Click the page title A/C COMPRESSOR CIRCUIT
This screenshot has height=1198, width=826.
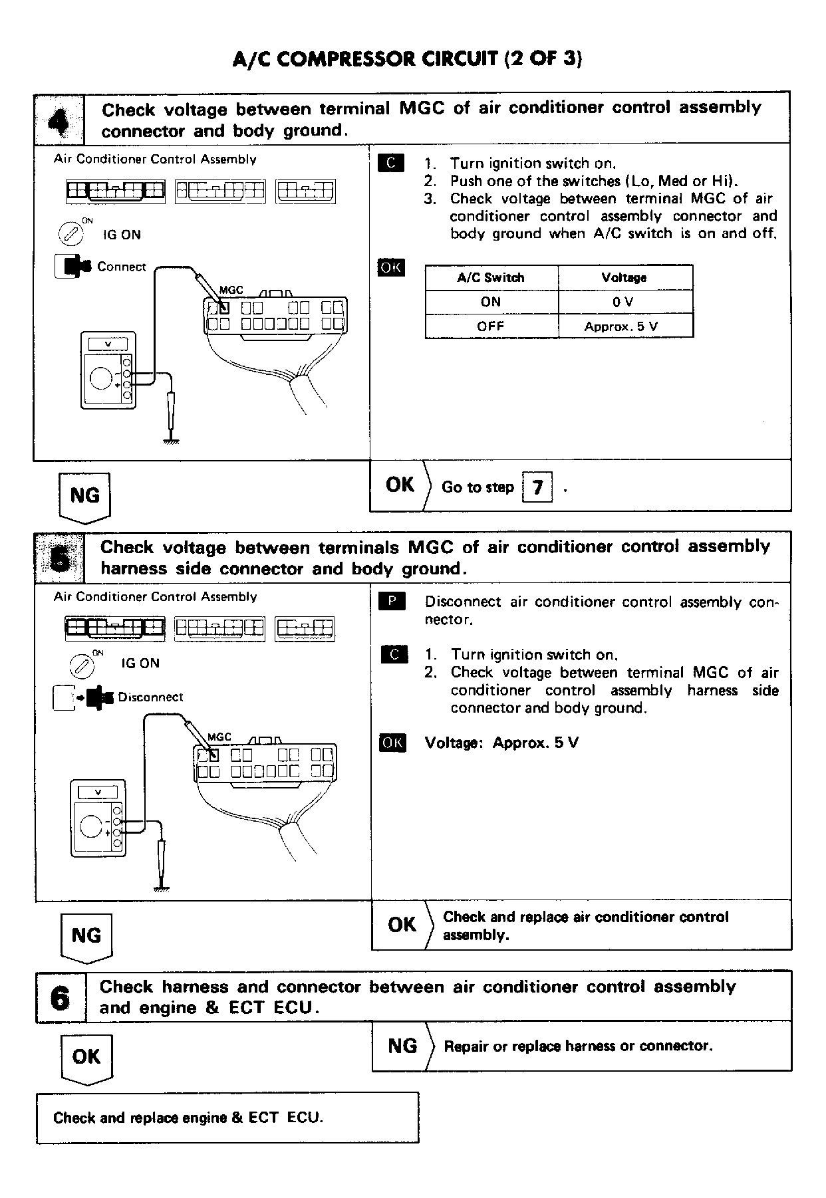pos(407,59)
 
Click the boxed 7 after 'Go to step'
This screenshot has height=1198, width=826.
pos(537,487)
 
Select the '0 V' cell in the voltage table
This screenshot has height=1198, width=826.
pos(623,302)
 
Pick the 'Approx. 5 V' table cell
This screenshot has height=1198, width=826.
pos(623,326)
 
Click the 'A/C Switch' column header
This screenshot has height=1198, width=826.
pos(491,278)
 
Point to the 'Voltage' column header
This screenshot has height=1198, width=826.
pos(623,278)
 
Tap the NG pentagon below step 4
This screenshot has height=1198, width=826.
pos(84,497)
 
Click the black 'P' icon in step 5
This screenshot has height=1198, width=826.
pos(392,602)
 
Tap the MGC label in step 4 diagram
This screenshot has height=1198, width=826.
pos(231,291)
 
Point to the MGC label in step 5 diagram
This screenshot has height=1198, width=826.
pos(219,737)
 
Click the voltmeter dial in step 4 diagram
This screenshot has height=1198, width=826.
pos(101,378)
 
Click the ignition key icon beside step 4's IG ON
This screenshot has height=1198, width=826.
pos(70,234)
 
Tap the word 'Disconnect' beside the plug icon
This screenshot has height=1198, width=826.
pos(150,697)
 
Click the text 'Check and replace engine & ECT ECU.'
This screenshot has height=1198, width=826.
pos(188,1118)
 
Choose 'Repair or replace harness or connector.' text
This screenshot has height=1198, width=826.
pos(578,1046)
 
